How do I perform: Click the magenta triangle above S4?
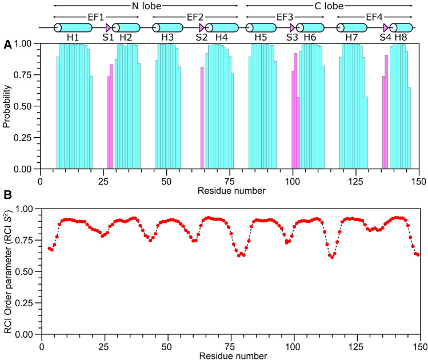(x=387, y=27)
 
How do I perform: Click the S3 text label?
(x=292, y=38)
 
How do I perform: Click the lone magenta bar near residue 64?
(x=202, y=118)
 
